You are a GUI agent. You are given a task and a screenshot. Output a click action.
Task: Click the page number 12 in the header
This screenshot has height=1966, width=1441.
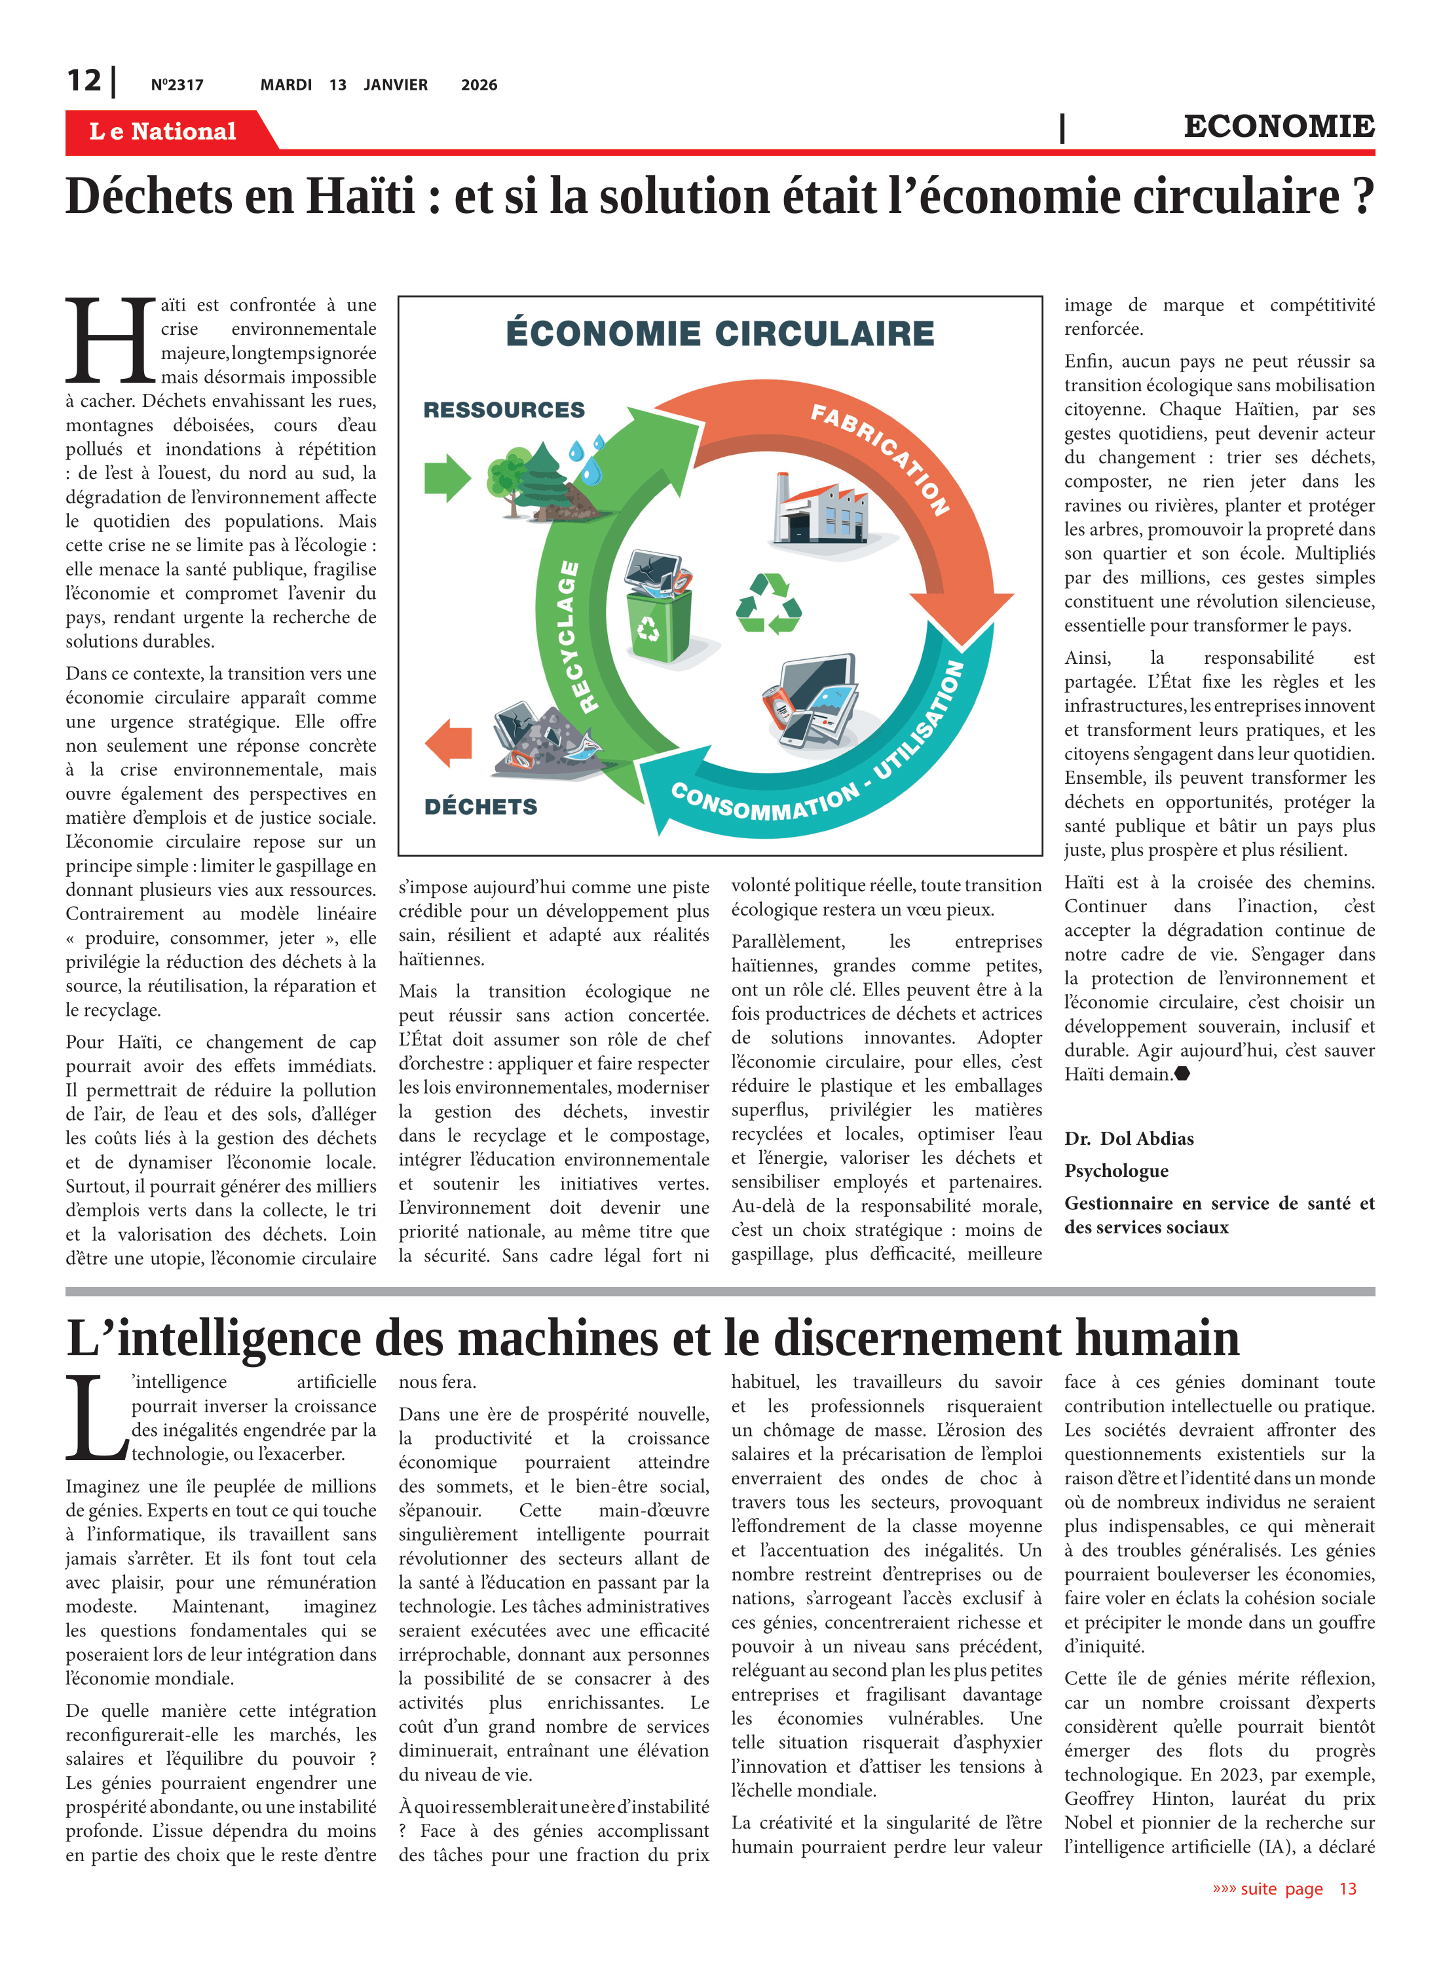(x=84, y=81)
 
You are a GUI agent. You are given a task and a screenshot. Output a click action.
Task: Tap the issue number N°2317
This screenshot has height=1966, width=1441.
(x=177, y=85)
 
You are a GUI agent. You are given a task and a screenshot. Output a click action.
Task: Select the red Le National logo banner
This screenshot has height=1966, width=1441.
(x=163, y=131)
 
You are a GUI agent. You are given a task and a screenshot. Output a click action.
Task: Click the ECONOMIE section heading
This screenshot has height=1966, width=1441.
(x=1278, y=126)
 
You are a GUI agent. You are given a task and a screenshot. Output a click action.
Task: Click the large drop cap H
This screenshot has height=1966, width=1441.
(x=110, y=341)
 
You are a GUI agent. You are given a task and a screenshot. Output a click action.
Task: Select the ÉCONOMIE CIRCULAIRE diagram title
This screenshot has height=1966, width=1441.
(x=720, y=334)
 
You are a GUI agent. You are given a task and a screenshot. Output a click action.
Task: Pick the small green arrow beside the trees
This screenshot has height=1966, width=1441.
(x=447, y=477)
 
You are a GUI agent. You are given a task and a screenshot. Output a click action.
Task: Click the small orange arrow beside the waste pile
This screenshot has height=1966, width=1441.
(x=449, y=742)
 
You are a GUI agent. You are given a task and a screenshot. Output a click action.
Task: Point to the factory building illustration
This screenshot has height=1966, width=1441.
(x=820, y=510)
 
